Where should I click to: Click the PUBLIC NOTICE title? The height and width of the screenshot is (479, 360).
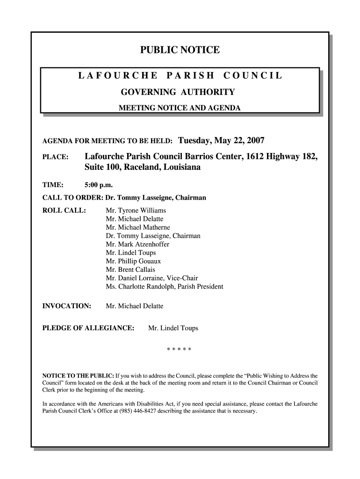(x=180, y=50)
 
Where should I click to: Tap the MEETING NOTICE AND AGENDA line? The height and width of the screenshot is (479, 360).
(x=180, y=108)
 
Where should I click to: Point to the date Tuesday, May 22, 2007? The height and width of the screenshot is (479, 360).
(x=222, y=140)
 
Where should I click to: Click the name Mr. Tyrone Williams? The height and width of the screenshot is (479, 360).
(x=136, y=210)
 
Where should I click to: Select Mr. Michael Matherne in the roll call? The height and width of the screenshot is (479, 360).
(x=137, y=227)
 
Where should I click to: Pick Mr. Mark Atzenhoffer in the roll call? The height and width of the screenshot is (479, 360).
(x=137, y=244)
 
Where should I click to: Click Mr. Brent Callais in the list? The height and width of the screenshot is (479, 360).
(x=130, y=269)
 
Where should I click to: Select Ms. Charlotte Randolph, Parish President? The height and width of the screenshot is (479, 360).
(x=165, y=286)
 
